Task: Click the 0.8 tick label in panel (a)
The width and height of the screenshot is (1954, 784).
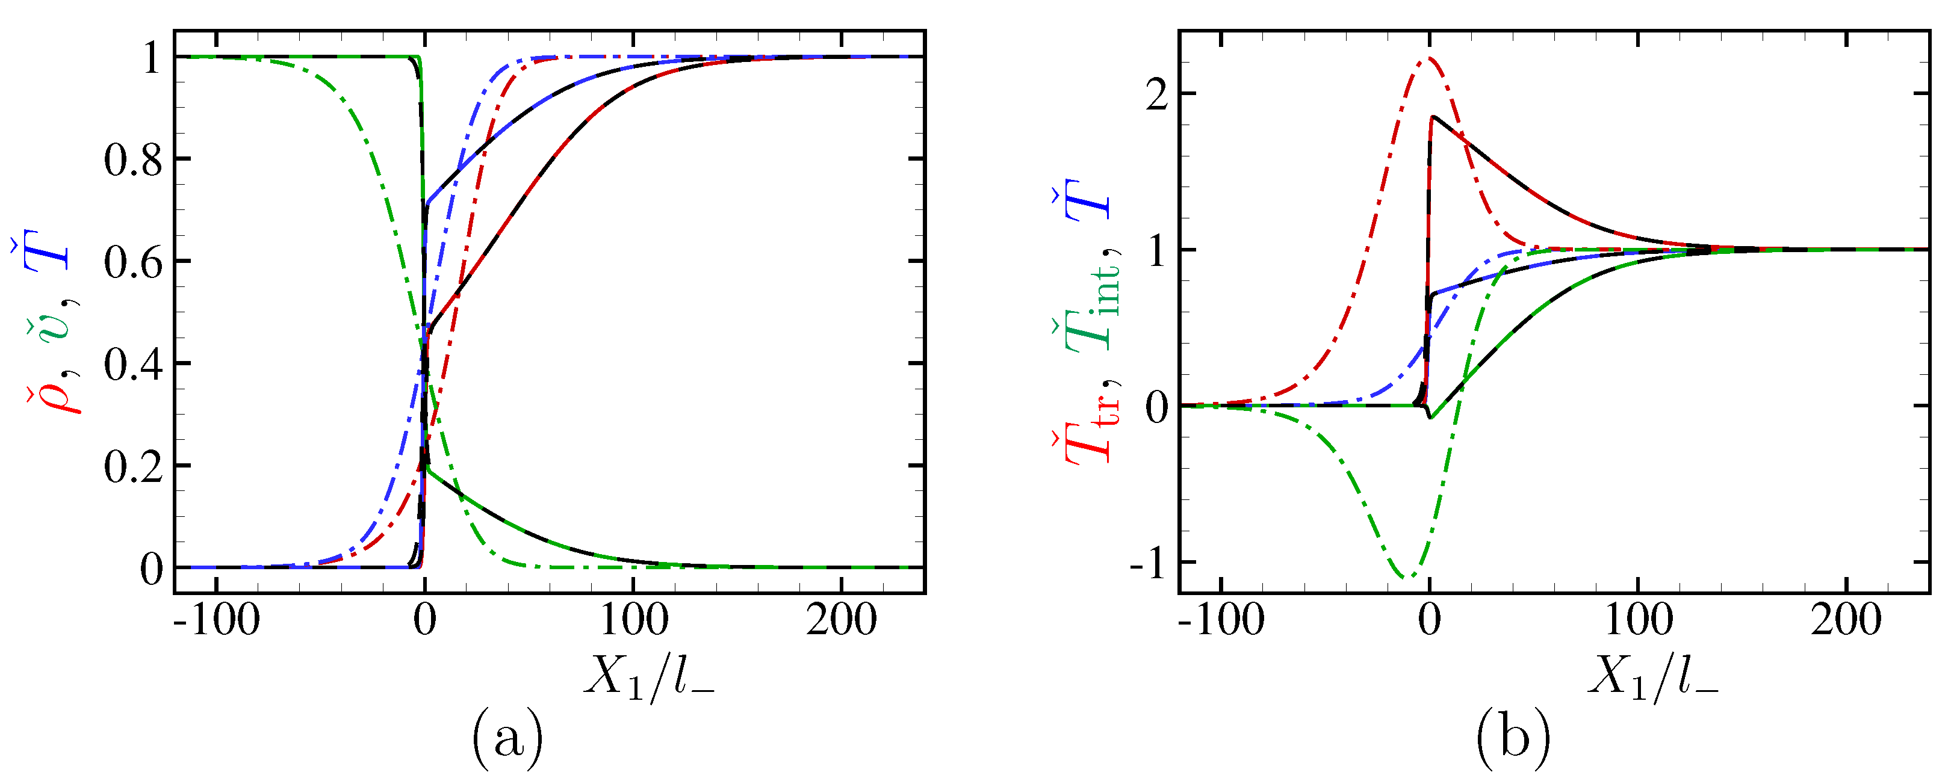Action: click(133, 161)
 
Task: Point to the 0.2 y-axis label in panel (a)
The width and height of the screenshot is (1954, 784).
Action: click(133, 467)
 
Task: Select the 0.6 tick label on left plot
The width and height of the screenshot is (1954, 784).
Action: click(133, 263)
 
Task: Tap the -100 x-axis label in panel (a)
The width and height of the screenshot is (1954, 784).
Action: click(216, 620)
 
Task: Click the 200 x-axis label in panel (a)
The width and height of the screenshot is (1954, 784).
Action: click(841, 620)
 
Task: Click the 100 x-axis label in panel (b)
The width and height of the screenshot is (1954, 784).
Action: click(1639, 620)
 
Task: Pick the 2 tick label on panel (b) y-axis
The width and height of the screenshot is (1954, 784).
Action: click(1156, 96)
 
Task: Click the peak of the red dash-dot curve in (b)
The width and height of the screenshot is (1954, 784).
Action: click(1429, 58)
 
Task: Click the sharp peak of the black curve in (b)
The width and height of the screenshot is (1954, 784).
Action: click(1432, 117)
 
